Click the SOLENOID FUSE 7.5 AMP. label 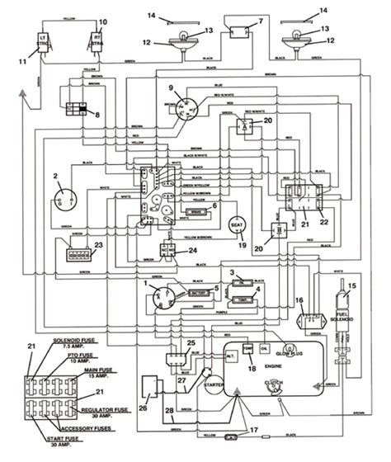click(74, 342)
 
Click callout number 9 click(171, 89)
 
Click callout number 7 click(261, 20)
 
